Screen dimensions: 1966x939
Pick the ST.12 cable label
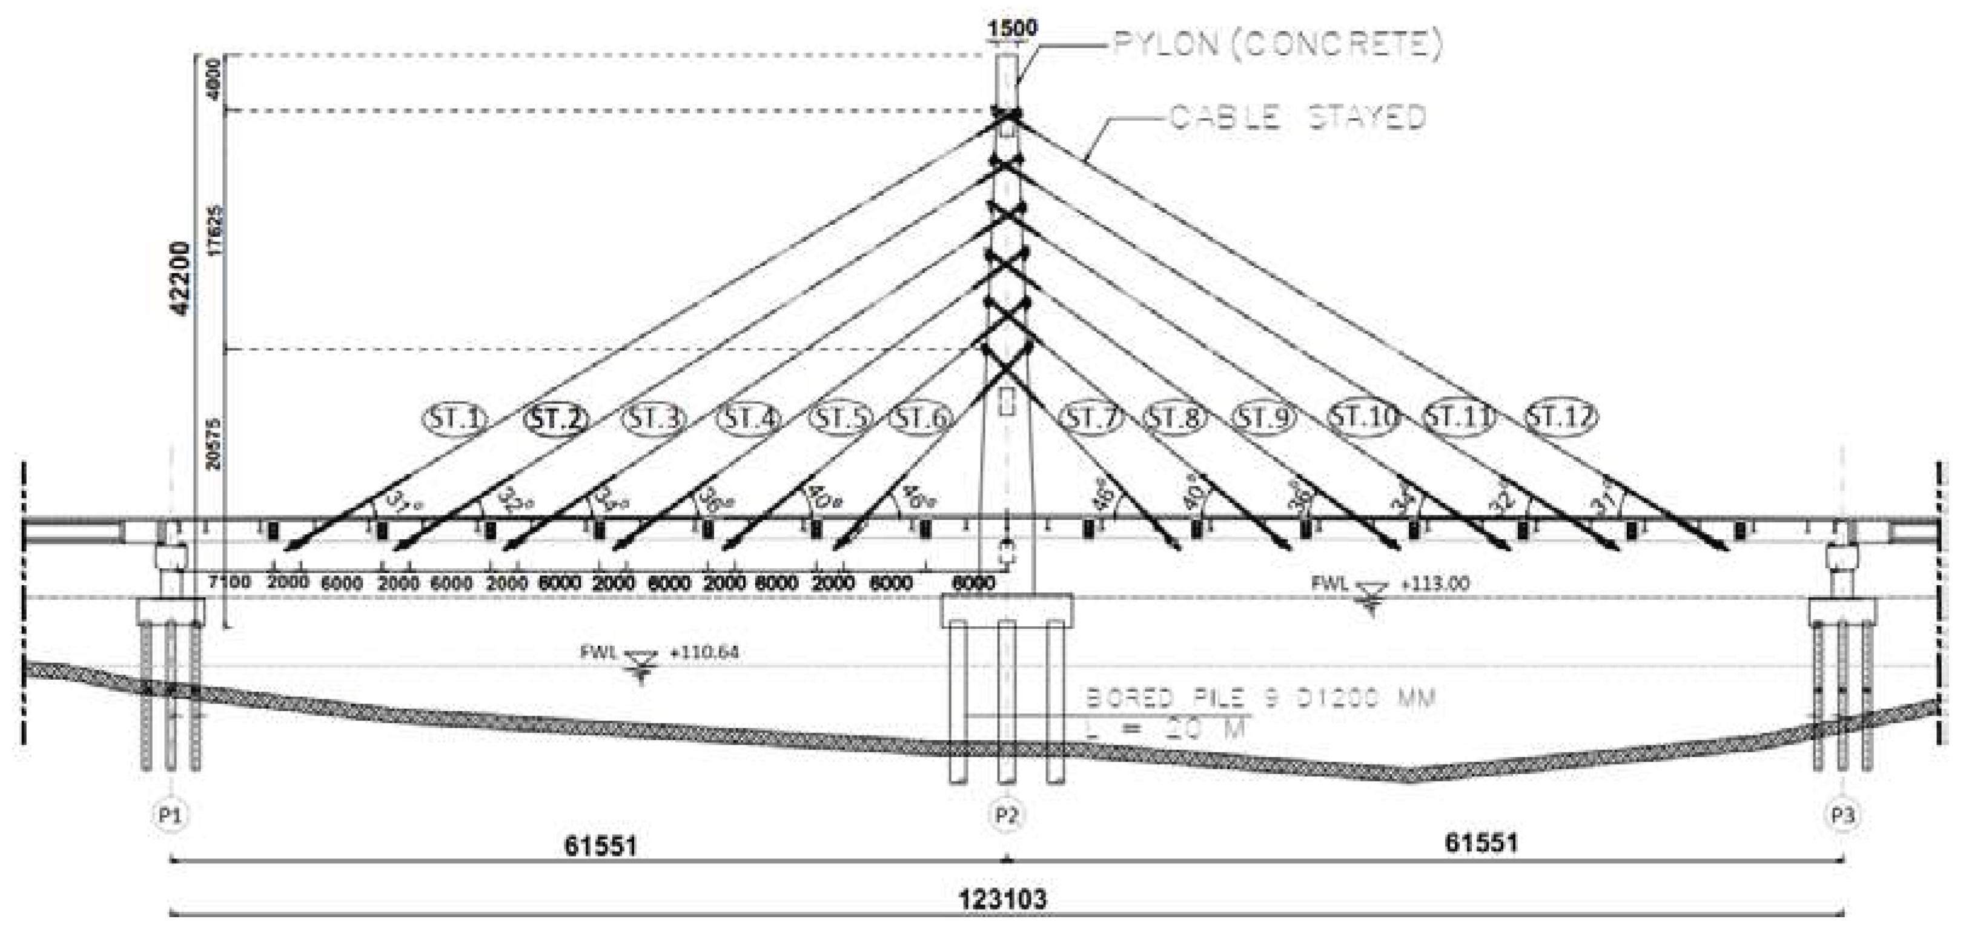(x=1561, y=417)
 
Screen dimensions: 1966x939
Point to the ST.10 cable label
(x=1364, y=417)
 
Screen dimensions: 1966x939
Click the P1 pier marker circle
(x=170, y=815)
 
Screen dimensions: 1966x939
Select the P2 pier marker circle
(x=1007, y=815)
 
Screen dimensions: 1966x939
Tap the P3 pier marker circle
(x=1842, y=815)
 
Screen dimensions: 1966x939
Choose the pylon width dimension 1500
(x=1012, y=29)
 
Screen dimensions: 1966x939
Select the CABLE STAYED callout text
(x=1298, y=118)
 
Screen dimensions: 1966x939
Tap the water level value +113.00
(x=1435, y=584)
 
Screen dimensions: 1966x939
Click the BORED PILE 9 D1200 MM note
(x=1260, y=698)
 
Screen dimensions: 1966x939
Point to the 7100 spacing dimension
(x=229, y=583)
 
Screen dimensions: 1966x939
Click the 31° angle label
(x=402, y=501)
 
